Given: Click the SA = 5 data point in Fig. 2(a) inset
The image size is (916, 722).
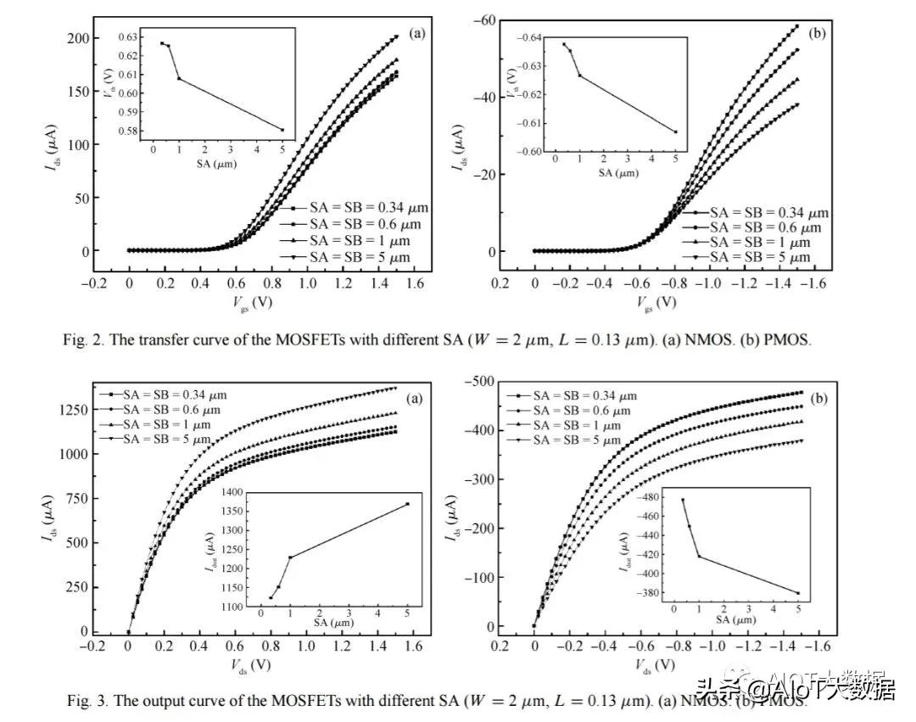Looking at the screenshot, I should (x=282, y=130).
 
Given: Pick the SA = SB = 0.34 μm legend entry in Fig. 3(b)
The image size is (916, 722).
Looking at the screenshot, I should (x=579, y=395).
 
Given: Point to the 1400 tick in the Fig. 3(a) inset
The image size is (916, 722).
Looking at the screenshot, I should (x=230, y=492).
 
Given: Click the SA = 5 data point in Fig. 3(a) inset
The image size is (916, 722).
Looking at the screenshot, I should (x=407, y=504).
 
